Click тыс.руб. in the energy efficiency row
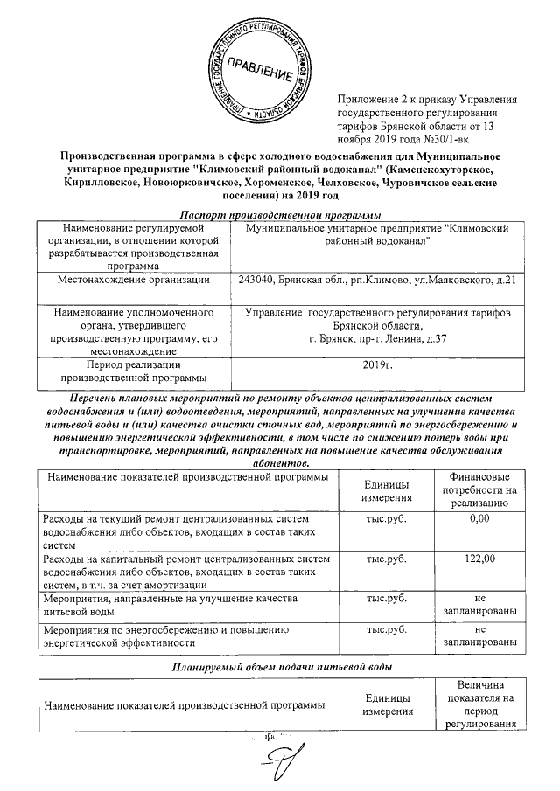coord(387,628)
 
